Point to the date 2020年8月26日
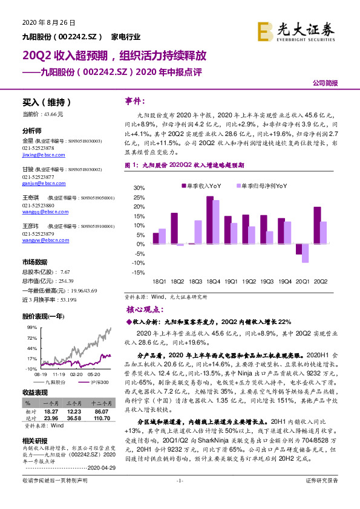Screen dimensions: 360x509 [x=48, y=23]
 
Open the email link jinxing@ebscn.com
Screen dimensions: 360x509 [x=42, y=155]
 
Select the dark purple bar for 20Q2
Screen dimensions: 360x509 [x=317, y=225]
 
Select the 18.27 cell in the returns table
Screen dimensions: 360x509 [x=50, y=411]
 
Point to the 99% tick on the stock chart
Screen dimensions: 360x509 [x=31, y=326]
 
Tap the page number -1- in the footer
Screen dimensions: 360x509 [x=180, y=497]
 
